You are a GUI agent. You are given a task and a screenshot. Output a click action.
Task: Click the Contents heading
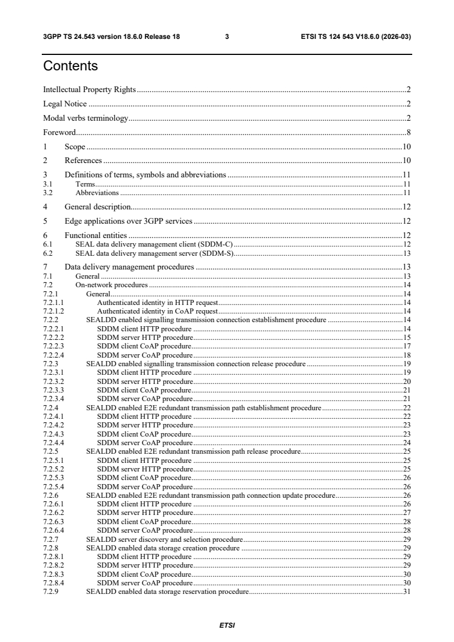click(x=70, y=66)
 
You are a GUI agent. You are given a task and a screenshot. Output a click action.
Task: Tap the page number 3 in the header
click(x=227, y=36)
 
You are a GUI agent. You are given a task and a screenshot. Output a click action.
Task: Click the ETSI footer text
click(x=227, y=625)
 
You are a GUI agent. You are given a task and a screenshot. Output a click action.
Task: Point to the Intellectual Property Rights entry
click(x=89, y=90)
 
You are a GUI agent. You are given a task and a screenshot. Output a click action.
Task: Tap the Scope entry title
click(x=75, y=146)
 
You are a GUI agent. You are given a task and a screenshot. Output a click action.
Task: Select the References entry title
click(x=83, y=161)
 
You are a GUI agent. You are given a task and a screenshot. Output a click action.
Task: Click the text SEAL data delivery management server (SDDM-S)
click(x=155, y=253)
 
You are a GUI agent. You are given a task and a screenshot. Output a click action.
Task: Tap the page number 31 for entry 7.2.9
click(x=407, y=592)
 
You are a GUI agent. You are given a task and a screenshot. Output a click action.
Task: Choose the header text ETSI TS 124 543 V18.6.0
click(x=356, y=36)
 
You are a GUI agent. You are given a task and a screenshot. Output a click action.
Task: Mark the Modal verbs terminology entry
click(x=86, y=118)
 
